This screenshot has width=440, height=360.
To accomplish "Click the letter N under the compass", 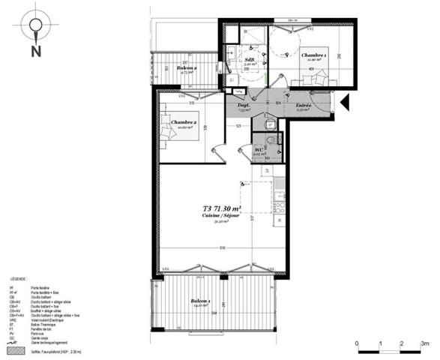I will coord(35,52).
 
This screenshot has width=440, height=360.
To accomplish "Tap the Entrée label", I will coord(303,106).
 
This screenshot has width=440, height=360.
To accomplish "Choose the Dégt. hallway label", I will coord(244,106).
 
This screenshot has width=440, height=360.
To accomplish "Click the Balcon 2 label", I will coord(187,68).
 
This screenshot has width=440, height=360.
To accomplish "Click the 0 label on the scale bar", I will coord(357,343).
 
